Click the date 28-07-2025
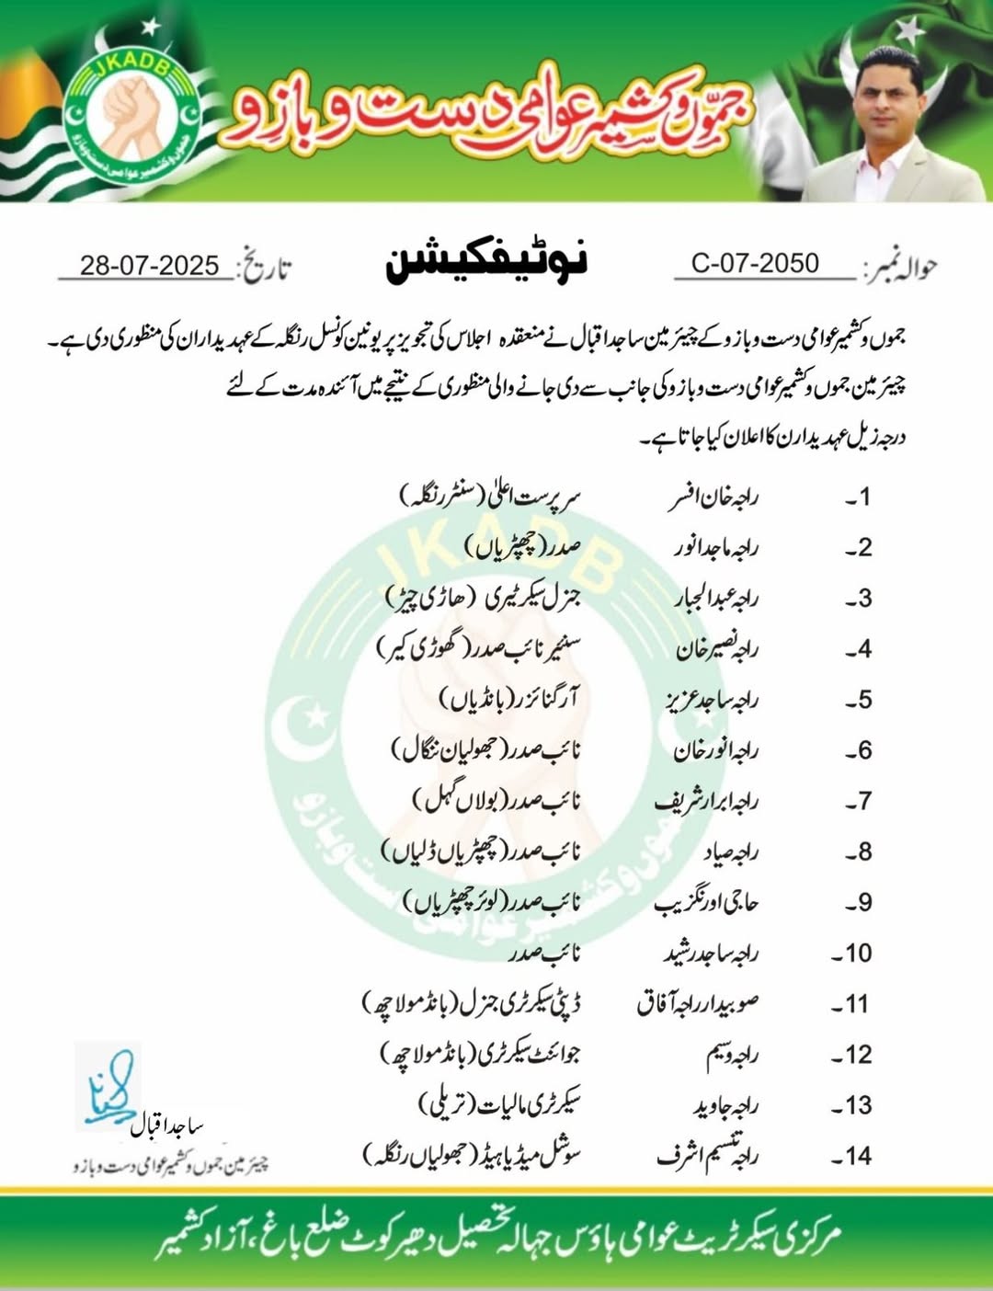point(149,266)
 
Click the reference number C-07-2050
point(755,264)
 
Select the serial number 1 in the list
point(859,497)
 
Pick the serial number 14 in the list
point(852,1157)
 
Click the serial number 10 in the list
point(852,954)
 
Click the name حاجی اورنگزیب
point(706,903)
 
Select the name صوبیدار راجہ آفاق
point(698,1004)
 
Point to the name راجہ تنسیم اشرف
point(707,1155)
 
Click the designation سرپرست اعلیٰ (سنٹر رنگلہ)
point(491,497)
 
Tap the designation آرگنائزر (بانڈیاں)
point(509,700)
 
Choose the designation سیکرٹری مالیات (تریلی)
point(500,1104)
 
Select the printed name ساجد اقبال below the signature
point(165,1127)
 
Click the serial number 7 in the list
point(859,802)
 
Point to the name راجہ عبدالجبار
point(717,599)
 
